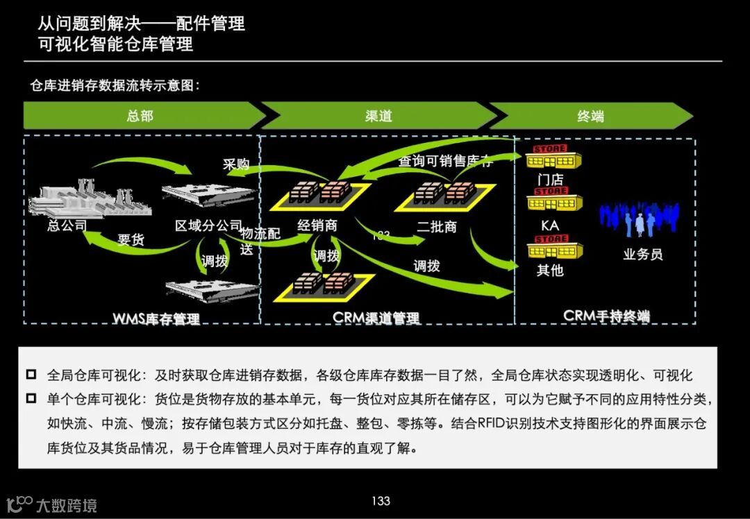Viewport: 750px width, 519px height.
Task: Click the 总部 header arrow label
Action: point(140,116)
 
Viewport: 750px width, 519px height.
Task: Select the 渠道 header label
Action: point(378,116)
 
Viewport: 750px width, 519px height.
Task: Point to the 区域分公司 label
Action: point(208,226)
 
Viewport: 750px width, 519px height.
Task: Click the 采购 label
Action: point(235,164)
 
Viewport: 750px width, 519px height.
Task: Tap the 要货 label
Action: point(131,240)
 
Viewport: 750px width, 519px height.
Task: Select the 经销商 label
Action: point(317,226)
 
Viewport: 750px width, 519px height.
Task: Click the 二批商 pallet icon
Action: point(444,192)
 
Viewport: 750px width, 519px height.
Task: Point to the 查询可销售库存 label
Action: point(445,162)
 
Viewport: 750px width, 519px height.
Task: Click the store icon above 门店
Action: point(552,158)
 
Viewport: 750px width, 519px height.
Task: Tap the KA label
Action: point(549,226)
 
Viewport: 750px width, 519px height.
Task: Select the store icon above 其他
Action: point(553,248)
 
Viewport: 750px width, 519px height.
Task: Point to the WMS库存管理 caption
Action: point(156,318)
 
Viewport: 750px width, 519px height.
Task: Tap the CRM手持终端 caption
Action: point(606,316)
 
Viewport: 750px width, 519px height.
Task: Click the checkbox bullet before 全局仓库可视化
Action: point(31,375)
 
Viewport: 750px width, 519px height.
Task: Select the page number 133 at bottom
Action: point(381,501)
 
